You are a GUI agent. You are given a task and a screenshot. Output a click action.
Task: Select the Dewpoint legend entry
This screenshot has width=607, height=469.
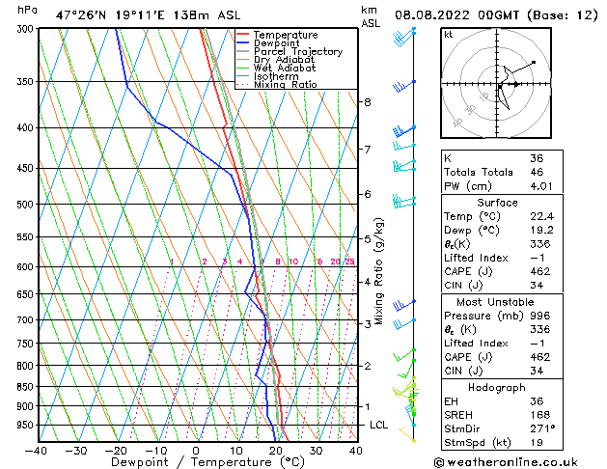[278, 43]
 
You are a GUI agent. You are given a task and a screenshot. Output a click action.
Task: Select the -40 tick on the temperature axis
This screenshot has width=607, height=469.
[37, 451]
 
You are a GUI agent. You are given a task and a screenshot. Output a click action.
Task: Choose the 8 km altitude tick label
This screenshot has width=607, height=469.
[367, 102]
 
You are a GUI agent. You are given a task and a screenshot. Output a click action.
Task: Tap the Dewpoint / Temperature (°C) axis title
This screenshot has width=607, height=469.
[196, 462]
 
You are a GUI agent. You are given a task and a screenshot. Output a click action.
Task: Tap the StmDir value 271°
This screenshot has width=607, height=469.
[542, 428]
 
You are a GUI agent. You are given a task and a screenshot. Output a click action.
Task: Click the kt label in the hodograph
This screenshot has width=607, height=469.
[448, 34]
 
